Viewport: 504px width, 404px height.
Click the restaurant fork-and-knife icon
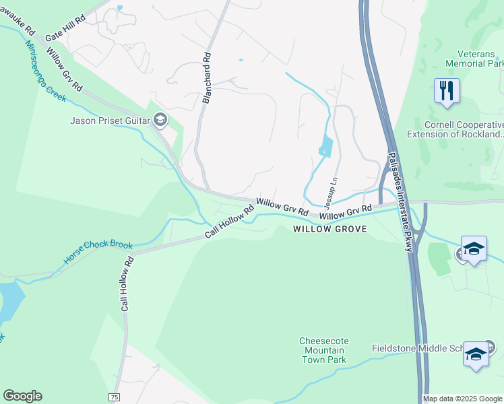pyautogui.click(x=447, y=90)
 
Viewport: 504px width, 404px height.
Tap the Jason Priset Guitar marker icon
pyautogui.click(x=160, y=121)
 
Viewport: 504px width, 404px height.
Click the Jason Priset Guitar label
pyautogui.click(x=111, y=121)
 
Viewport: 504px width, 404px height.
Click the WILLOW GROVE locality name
pyautogui.click(x=330, y=229)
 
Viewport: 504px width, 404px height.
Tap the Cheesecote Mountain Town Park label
pyautogui.click(x=323, y=350)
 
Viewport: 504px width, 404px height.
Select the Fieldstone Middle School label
pyautogui.click(x=418, y=348)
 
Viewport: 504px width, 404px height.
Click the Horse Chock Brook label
pyautogui.click(x=98, y=252)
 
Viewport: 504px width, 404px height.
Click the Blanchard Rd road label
pyautogui.click(x=207, y=78)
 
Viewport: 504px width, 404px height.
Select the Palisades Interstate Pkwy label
pyautogui.click(x=399, y=202)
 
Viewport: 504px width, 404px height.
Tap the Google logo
pyautogui.click(x=22, y=396)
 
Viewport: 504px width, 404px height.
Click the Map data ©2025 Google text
pyautogui.click(x=463, y=399)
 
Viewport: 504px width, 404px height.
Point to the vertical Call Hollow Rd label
pyautogui.click(x=125, y=283)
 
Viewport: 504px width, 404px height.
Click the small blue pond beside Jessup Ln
pyautogui.click(x=325, y=146)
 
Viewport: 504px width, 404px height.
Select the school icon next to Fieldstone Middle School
pyautogui.click(x=476, y=353)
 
